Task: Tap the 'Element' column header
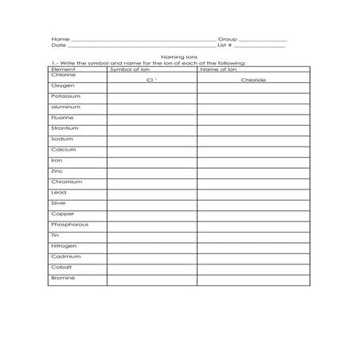point(61,69)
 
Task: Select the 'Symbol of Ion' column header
point(130,69)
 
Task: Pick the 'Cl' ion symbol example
point(151,80)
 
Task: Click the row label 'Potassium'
point(66,96)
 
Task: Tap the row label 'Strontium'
point(65,127)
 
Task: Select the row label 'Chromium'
point(66,182)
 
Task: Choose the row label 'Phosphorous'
point(69,225)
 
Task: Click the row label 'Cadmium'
point(65,256)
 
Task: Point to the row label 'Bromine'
point(63,278)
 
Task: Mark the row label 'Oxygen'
point(63,85)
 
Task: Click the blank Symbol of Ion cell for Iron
point(151,160)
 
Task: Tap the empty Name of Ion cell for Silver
point(253,203)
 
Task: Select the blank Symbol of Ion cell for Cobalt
point(151,268)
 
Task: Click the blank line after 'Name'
point(143,39)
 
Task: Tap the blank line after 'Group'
point(263,39)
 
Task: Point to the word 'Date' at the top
point(57,45)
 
